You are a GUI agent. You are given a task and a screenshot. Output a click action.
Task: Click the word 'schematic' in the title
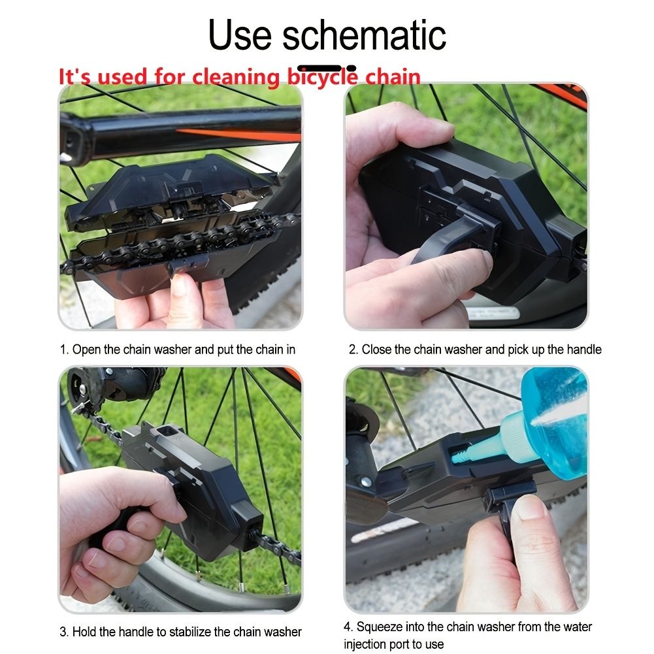[x=364, y=35]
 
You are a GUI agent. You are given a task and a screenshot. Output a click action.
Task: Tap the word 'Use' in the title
[x=240, y=35]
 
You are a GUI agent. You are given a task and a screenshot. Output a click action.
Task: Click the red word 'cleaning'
[x=236, y=77]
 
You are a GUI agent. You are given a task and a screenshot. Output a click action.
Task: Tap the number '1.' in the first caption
[x=64, y=350]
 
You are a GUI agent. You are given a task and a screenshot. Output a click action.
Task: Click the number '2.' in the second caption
[x=353, y=350]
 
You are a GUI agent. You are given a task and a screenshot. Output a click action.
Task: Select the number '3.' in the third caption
[x=64, y=632]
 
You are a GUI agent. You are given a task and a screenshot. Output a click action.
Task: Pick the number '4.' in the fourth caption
[x=349, y=627]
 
